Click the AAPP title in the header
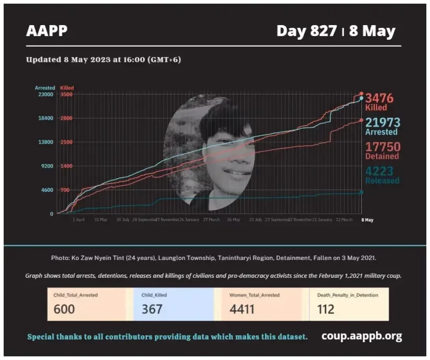(47, 31)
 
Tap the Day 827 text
(306, 31)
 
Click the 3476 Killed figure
(379, 98)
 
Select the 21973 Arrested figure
(382, 123)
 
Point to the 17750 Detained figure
(382, 147)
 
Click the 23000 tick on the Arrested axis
(45, 94)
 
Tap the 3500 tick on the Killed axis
(67, 94)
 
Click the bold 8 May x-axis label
(368, 220)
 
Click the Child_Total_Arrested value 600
(64, 309)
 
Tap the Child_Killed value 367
(152, 309)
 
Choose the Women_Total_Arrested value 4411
(242, 309)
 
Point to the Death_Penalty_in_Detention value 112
(326, 309)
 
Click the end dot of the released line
(361, 192)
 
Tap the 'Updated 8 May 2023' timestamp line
(103, 59)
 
